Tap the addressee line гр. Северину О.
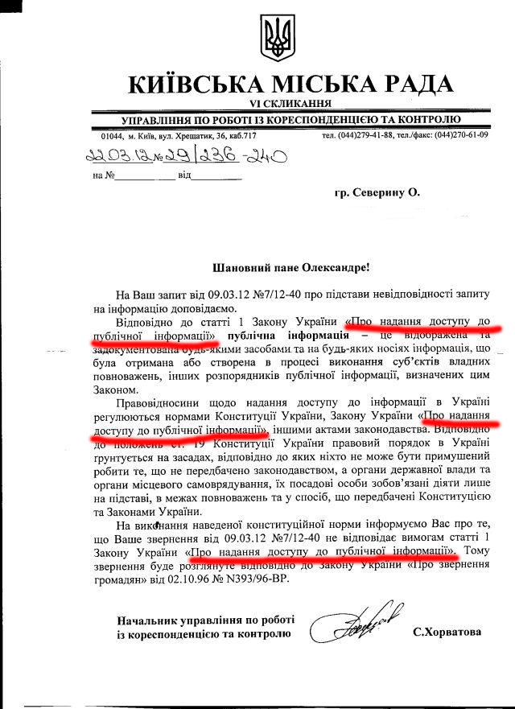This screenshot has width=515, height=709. (377, 193)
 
